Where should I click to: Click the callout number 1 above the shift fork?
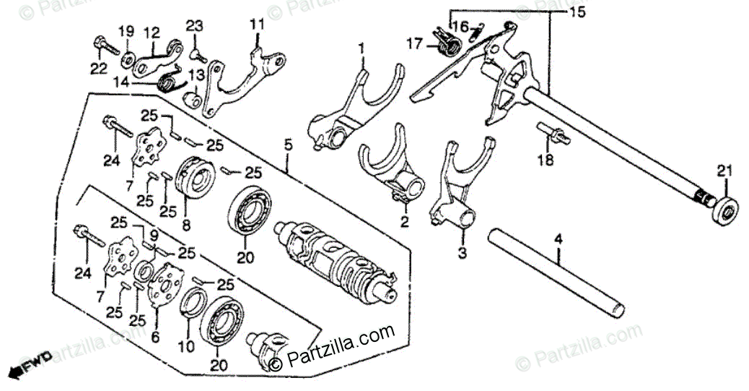tap(362, 48)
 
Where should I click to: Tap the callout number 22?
tap(99, 69)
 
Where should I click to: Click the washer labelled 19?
tap(128, 56)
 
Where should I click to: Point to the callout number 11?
tap(258, 26)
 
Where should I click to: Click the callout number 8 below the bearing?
tap(186, 225)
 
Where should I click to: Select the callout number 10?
tap(187, 347)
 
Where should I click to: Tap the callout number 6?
tap(155, 337)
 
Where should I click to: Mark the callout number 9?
tap(153, 233)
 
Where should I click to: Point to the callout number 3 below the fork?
tap(462, 254)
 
